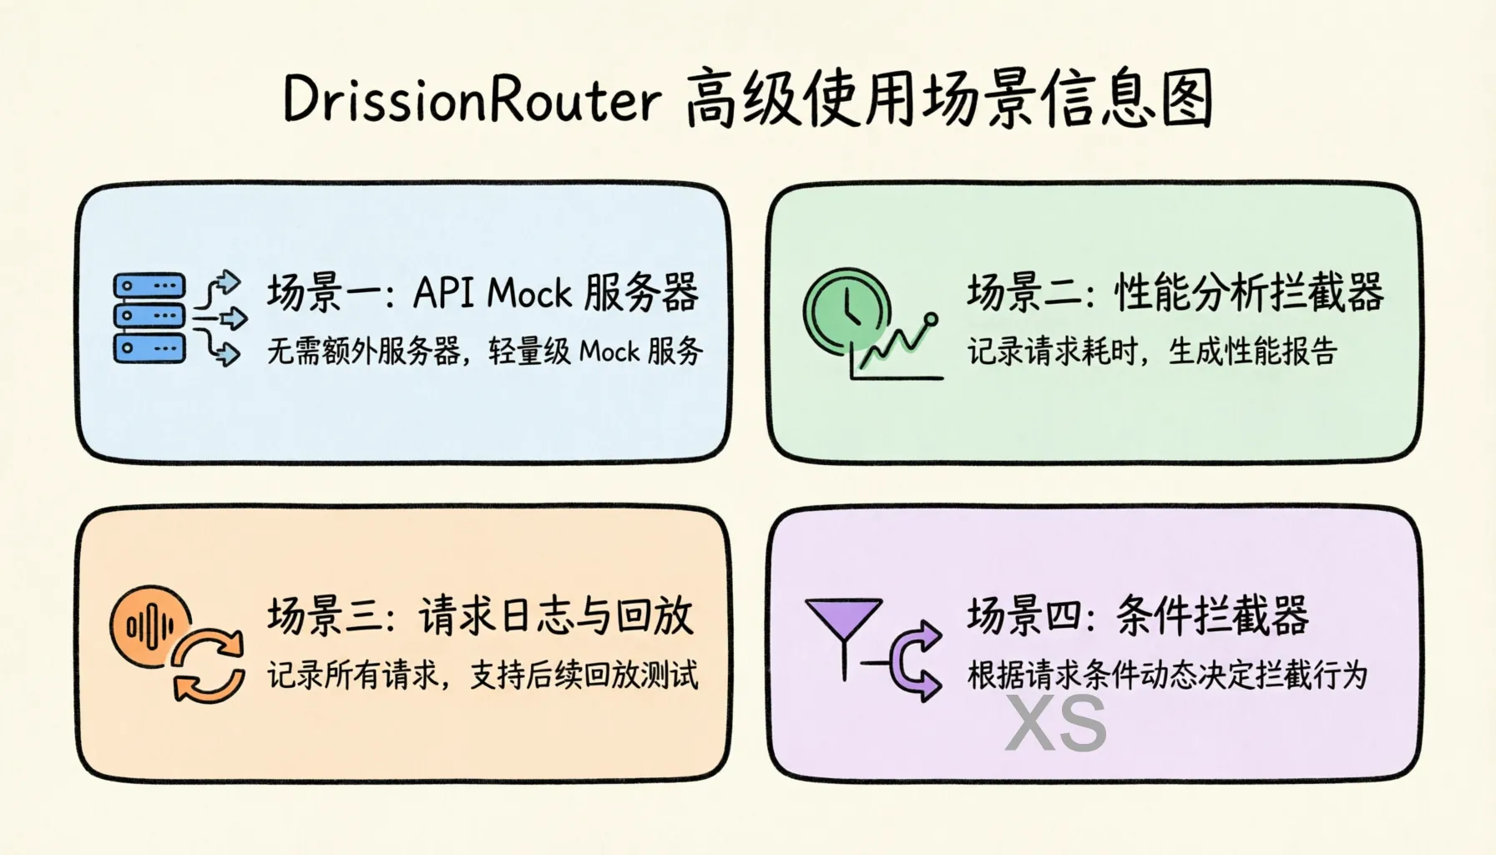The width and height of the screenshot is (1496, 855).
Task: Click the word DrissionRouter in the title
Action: coord(473,100)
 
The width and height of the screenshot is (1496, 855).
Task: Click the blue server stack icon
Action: coord(149,318)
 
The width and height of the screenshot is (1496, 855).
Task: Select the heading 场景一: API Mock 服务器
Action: coord(483,293)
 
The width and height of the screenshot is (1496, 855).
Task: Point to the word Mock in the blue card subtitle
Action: coord(609,352)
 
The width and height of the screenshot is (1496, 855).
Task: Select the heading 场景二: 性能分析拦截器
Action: coord(1175,293)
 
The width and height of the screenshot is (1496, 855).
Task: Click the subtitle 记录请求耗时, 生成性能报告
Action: coord(1152,352)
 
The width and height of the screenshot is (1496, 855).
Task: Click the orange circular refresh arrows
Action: coord(208,665)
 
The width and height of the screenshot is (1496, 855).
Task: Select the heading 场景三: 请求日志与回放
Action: coord(480,616)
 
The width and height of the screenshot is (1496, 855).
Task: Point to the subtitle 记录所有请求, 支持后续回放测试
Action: coord(483,675)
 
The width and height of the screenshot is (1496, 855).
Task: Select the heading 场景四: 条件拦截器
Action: coord(1138,616)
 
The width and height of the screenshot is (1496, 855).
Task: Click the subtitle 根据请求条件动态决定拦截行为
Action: coord(1167,675)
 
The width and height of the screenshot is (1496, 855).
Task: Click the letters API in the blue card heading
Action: coord(443,293)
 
